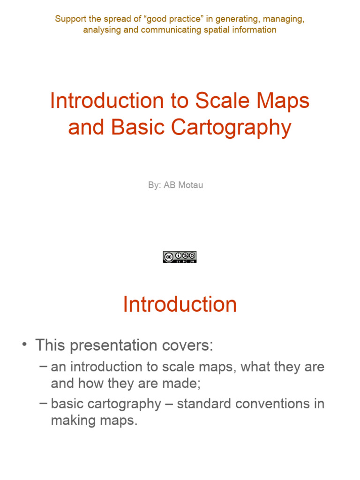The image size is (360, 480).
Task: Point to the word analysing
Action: coord(102,30)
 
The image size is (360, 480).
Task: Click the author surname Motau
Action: coord(191,185)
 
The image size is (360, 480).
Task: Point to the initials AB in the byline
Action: coord(169,185)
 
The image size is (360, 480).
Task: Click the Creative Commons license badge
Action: coord(180,257)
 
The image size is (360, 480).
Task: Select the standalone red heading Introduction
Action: coord(180,305)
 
